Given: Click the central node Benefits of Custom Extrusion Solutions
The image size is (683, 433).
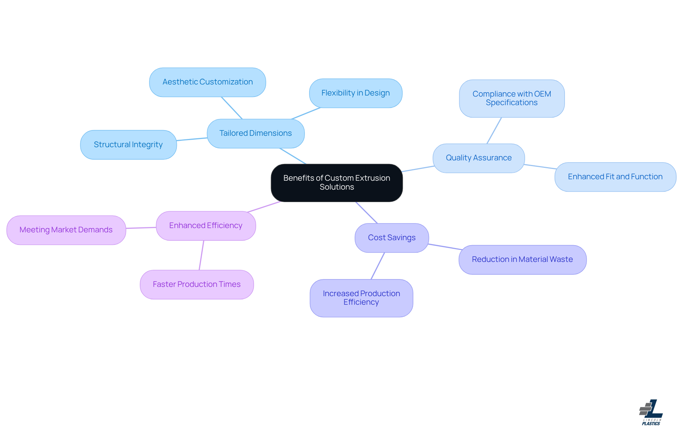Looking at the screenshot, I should (x=337, y=182).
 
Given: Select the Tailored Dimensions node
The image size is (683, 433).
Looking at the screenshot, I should (x=255, y=133).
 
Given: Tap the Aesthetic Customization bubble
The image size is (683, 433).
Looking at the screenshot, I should (x=207, y=82).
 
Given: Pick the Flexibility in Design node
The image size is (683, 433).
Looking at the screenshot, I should (x=355, y=93).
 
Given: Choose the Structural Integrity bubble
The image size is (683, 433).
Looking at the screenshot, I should (x=128, y=145).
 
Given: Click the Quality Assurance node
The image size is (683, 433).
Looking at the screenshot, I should (x=478, y=158).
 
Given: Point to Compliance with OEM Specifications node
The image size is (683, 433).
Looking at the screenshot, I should (x=512, y=98).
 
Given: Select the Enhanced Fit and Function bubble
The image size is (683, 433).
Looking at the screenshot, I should (x=615, y=177).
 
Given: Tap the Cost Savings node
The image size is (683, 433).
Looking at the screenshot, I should (x=392, y=238).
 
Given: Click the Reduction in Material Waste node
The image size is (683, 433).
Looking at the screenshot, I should (x=522, y=259).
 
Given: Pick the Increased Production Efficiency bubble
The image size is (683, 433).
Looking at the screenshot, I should (x=361, y=298).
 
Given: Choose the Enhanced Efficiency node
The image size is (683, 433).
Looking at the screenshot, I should (x=206, y=226).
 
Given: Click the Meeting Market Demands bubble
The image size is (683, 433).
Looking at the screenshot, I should (x=66, y=230).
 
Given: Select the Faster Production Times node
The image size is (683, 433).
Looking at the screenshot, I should (x=197, y=284).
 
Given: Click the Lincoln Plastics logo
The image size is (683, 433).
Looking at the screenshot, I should (x=651, y=412).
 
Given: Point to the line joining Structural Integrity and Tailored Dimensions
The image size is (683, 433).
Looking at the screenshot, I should (x=192, y=139).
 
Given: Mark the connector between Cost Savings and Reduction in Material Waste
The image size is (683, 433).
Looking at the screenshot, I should (x=445, y=247).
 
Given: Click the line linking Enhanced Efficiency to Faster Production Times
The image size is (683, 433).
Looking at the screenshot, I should (x=201, y=255).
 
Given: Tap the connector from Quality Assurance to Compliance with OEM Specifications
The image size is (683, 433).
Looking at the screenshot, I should (x=494, y=130).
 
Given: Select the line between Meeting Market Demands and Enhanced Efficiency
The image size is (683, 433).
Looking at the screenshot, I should (x=141, y=228).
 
